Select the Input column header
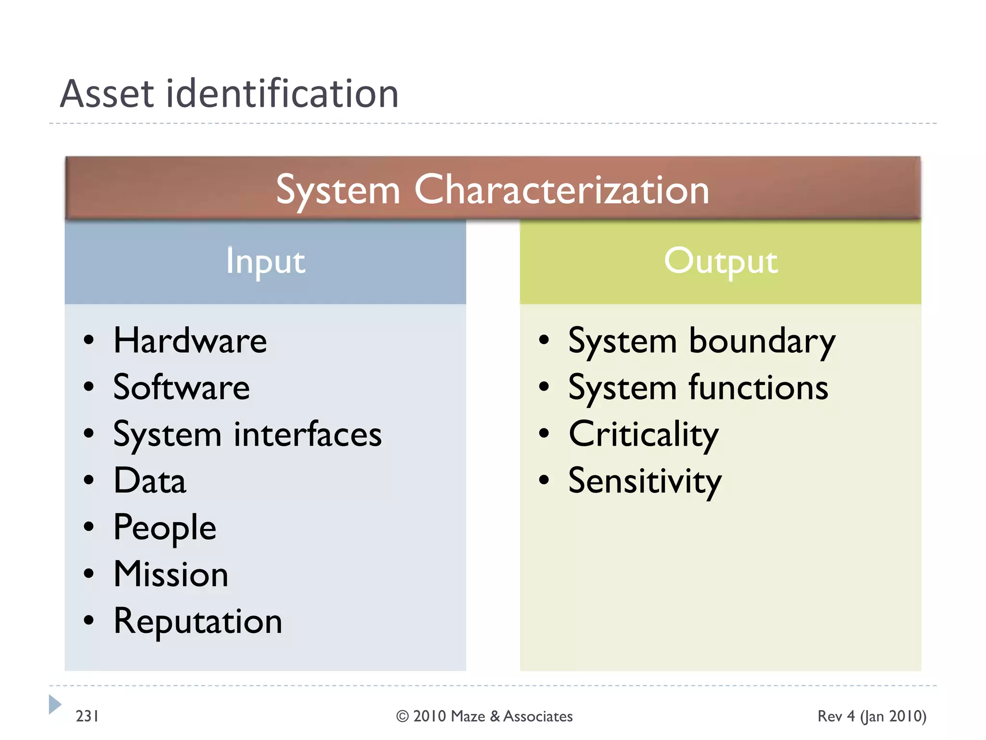click(x=265, y=261)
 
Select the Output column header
click(x=720, y=261)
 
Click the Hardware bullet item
click(x=190, y=341)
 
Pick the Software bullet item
click(x=182, y=387)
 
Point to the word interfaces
click(x=308, y=434)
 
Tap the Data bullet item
click(x=150, y=481)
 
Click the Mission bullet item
click(x=171, y=574)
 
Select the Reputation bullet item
click(x=197, y=621)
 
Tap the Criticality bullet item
click(x=643, y=434)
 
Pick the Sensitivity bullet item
click(x=645, y=481)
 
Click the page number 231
click(x=87, y=716)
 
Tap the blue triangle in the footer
click(x=54, y=704)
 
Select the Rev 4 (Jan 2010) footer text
click(x=871, y=716)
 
